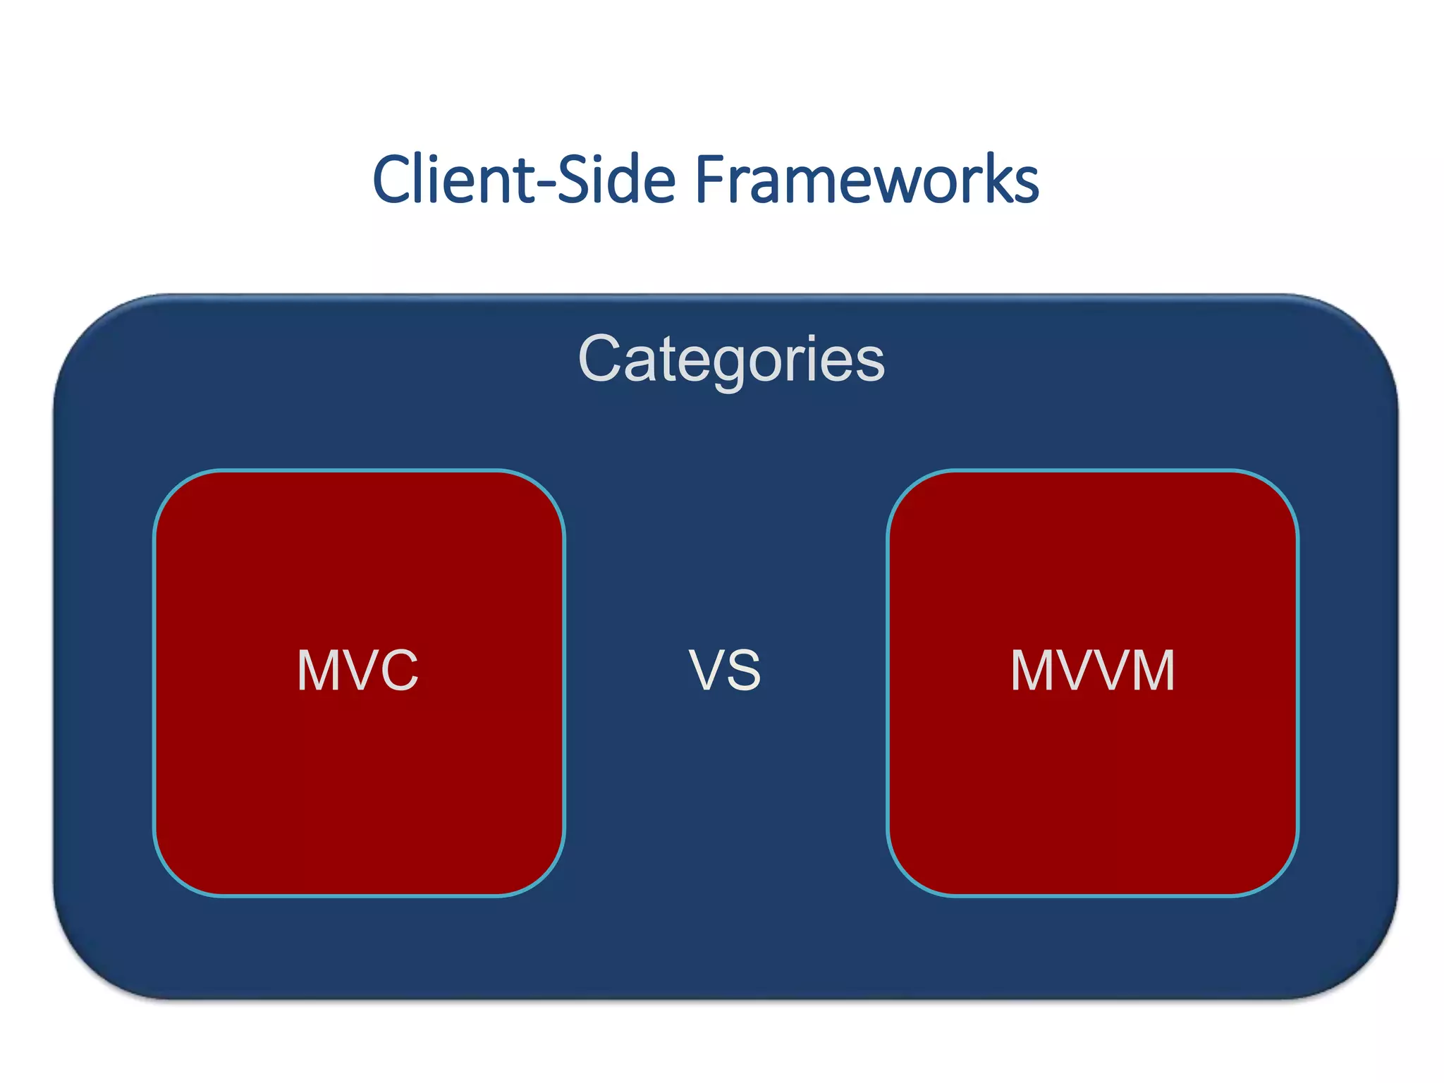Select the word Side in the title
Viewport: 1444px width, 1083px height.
(x=617, y=180)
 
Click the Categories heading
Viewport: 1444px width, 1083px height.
(x=731, y=358)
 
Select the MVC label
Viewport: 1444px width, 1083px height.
(x=357, y=670)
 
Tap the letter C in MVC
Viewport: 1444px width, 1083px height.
(x=397, y=670)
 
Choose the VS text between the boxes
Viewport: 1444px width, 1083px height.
(x=725, y=670)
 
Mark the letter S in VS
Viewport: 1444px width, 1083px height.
(x=743, y=670)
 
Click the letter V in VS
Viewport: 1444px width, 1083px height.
(x=706, y=670)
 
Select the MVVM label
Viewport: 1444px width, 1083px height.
(x=1093, y=670)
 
